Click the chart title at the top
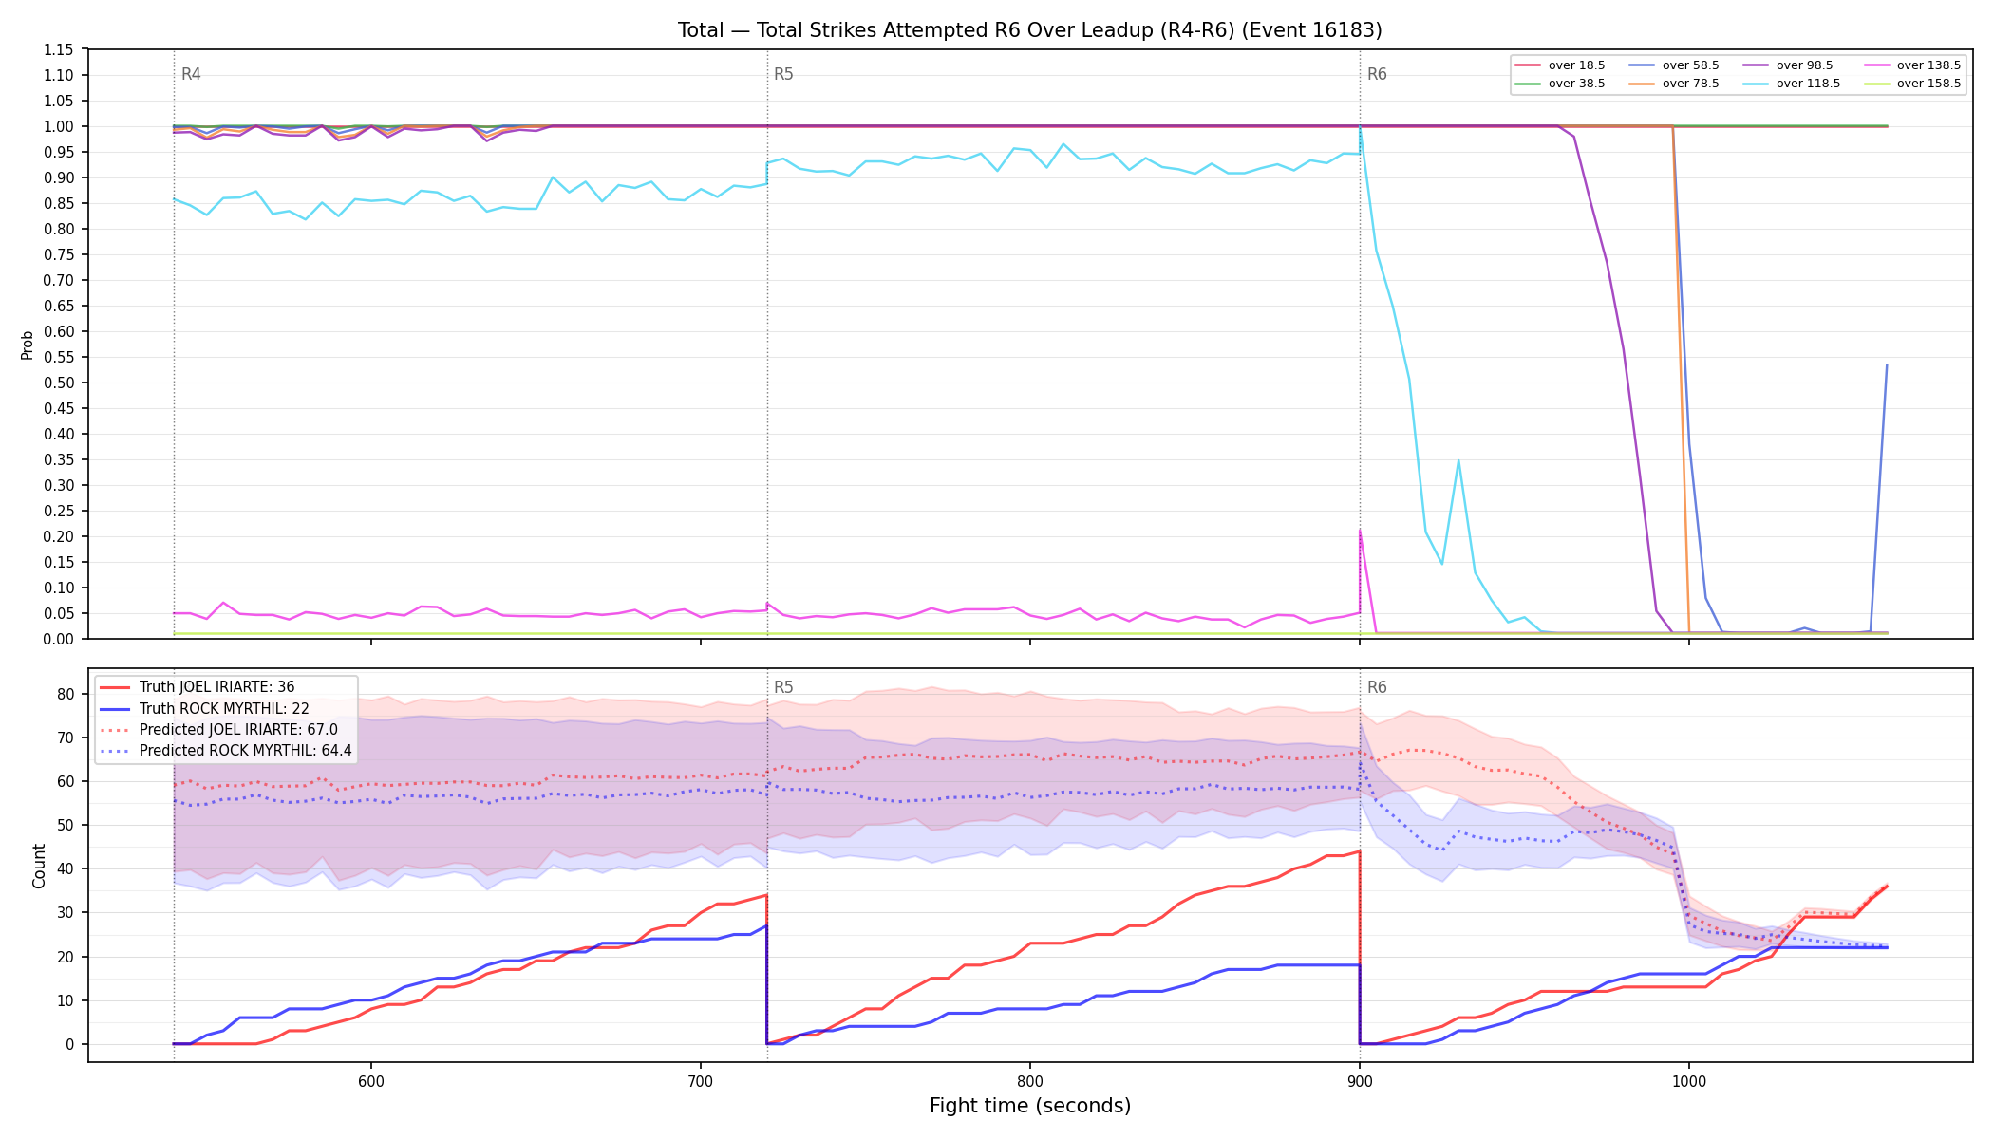click(1029, 30)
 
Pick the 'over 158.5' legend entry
click(1912, 84)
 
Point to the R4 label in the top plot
click(191, 74)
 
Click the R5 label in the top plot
click(783, 74)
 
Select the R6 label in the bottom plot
click(1377, 687)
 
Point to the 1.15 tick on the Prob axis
click(59, 50)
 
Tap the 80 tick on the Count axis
click(66, 694)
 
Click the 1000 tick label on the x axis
click(1688, 1081)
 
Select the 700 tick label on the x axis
click(700, 1081)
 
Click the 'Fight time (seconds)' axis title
click(1030, 1106)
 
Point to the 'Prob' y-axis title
click(28, 345)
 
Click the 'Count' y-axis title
click(39, 866)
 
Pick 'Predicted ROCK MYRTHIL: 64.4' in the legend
click(226, 751)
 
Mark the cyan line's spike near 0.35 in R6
click(1458, 460)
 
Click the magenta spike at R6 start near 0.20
click(1360, 531)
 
